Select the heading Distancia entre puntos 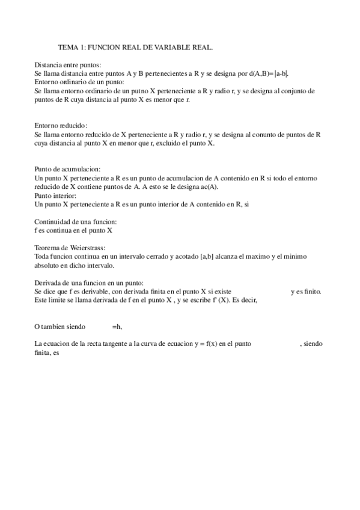click(67, 64)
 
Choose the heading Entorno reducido click(61, 126)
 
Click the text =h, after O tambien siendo click(117, 327)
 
